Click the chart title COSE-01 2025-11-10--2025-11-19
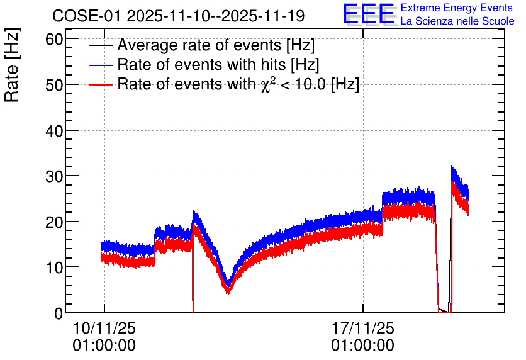click(179, 16)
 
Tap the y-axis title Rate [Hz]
click(12, 65)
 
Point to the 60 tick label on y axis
click(54, 39)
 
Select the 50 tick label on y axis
click(54, 85)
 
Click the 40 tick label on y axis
click(54, 130)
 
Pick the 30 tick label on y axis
click(54, 176)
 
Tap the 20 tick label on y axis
click(54, 222)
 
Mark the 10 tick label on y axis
click(54, 267)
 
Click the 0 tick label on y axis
click(59, 313)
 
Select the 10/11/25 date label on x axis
click(104, 328)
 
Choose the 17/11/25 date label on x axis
click(363, 328)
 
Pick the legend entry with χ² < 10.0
click(238, 84)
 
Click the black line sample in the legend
click(100, 45)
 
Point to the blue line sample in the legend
click(100, 65)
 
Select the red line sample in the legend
click(100, 84)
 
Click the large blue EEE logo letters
click(368, 14)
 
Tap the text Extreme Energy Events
click(457, 8)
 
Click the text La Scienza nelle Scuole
click(457, 21)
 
